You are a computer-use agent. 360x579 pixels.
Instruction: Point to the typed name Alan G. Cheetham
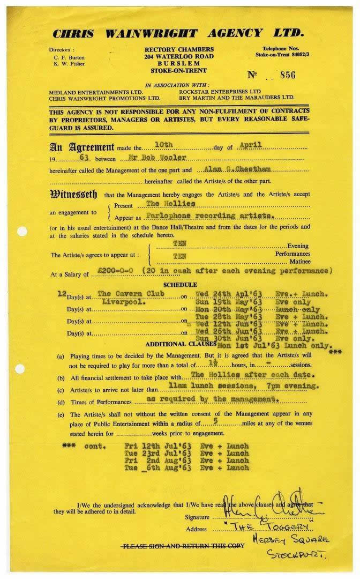[229, 169]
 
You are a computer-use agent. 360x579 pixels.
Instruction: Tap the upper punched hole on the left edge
[22, 232]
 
